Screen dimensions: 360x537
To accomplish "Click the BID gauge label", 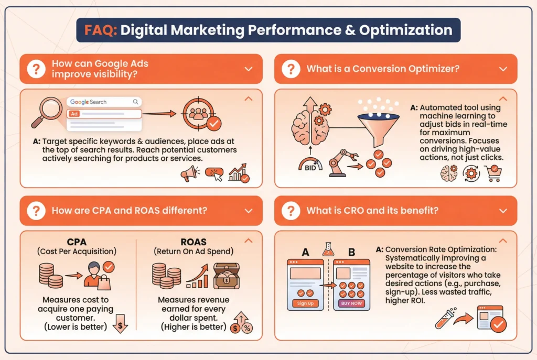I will tap(309, 167).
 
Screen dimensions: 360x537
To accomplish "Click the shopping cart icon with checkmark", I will tap(493, 173).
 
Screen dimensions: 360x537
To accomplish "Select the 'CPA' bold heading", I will tap(77, 242).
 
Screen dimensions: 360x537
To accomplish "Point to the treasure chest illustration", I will tap(227, 275).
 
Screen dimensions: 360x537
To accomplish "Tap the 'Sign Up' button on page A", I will tap(305, 303).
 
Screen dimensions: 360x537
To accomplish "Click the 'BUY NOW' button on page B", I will tap(351, 303).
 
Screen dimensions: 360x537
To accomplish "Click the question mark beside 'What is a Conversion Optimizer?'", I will tap(290, 69).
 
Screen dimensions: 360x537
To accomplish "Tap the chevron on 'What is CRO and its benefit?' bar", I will tap(503, 211).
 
